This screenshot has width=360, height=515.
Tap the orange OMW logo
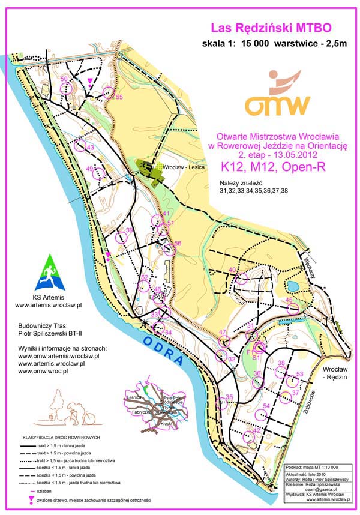(277, 96)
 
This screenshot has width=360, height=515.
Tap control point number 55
(109, 92)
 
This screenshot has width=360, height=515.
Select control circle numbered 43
(79, 146)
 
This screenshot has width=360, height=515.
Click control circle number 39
(122, 237)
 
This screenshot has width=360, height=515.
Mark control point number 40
(241, 278)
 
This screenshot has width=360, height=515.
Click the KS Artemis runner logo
(46, 270)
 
